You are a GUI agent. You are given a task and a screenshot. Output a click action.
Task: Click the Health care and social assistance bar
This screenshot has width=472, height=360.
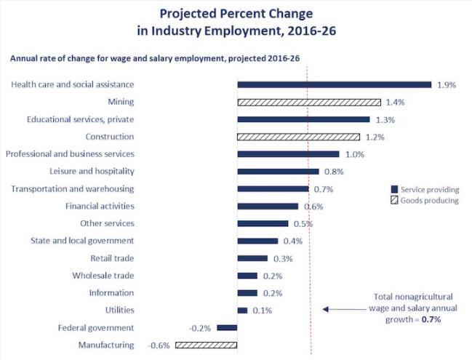click(x=334, y=85)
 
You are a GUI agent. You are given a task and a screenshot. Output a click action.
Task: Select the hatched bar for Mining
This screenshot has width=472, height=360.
click(x=308, y=103)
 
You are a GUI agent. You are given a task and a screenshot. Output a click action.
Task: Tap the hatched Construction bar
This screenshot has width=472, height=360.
click(x=298, y=137)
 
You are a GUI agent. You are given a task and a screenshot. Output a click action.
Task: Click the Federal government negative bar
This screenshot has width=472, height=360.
click(x=227, y=328)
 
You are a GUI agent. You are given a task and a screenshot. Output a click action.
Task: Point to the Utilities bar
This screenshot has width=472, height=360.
click(x=242, y=311)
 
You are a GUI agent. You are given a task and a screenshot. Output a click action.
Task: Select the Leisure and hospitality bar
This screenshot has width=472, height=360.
click(x=278, y=172)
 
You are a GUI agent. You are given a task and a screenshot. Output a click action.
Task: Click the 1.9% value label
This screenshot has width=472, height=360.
click(x=446, y=85)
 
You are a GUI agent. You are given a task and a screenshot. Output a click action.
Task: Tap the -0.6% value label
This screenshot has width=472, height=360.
click(x=159, y=345)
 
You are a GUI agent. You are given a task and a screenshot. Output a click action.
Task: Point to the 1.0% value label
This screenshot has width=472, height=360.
click(x=353, y=154)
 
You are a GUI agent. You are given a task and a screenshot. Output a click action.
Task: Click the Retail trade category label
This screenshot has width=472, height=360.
click(x=112, y=258)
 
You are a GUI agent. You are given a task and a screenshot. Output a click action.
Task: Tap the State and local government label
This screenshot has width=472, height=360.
click(x=82, y=241)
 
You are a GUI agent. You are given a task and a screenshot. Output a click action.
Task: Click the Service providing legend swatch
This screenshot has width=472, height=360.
click(x=394, y=189)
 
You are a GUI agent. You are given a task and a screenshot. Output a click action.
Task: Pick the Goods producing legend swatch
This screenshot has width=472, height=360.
click(x=394, y=201)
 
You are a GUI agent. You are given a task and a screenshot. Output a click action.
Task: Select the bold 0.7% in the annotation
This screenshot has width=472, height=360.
click(x=433, y=318)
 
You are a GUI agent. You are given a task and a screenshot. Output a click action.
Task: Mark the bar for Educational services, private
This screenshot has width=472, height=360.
click(x=303, y=119)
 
